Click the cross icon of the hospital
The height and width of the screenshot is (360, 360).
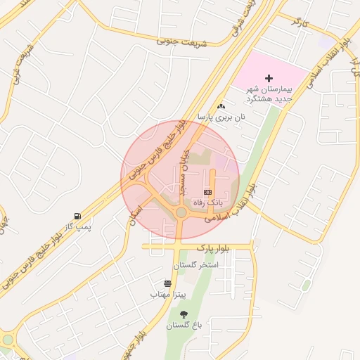[x=268, y=78]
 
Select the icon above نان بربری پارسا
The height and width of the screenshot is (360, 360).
[x=221, y=105]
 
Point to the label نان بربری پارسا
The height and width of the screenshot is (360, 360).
[x=222, y=117]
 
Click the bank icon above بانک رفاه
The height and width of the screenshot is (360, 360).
[x=207, y=191]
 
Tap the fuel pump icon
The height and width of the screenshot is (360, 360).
[x=77, y=217]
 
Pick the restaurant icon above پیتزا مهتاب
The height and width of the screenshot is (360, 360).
[x=167, y=283]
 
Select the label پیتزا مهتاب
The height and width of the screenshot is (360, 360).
[x=167, y=295]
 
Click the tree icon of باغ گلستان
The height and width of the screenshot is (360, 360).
[x=184, y=314]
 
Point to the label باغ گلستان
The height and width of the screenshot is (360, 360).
[x=184, y=326]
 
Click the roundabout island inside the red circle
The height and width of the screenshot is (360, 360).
[x=181, y=212]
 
